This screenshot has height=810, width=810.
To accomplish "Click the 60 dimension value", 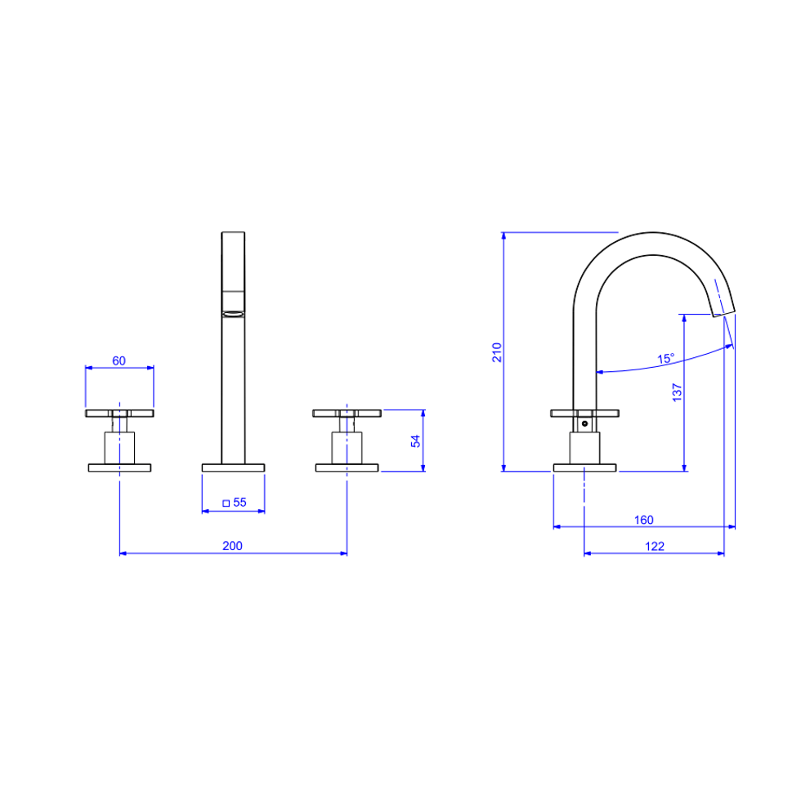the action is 119,360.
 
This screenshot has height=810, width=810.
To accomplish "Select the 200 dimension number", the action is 232,545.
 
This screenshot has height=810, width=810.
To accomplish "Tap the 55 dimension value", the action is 239,502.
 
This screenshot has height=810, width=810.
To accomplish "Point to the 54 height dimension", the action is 416,441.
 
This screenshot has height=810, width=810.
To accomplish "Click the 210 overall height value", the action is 497,351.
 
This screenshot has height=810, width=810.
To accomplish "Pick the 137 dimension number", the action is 678,392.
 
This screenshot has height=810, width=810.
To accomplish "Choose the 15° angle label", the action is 666,358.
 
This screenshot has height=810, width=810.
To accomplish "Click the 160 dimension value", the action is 643,520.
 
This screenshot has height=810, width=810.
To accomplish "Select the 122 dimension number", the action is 655,546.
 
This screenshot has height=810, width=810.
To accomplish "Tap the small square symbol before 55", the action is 226,503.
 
